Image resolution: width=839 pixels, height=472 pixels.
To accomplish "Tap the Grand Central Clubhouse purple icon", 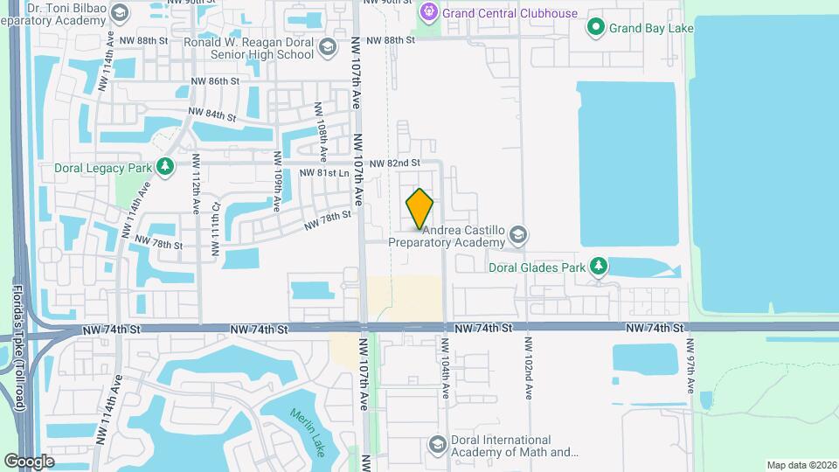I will pos(428,11).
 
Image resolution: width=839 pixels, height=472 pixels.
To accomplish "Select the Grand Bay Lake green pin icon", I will pos(596,27).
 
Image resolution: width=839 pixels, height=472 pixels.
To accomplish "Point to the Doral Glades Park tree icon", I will pos(598,265).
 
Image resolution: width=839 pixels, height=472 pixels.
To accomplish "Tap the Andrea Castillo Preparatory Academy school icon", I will pos(518,234).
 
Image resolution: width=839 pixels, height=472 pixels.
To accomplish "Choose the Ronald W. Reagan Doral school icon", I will pos(327,48).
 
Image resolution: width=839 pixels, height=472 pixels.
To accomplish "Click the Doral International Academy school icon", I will pos(436,446).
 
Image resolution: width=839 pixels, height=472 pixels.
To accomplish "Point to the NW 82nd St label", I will pos(395,163).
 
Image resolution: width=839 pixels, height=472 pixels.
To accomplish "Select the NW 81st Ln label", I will pos(323,173).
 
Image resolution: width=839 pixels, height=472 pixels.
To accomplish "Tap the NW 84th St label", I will pos(213,115).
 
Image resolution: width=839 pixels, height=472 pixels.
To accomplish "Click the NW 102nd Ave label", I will pos(529,367).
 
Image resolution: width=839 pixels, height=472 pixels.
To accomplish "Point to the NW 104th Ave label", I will pos(446,367).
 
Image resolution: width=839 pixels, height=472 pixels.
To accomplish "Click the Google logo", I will pos(29,462).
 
